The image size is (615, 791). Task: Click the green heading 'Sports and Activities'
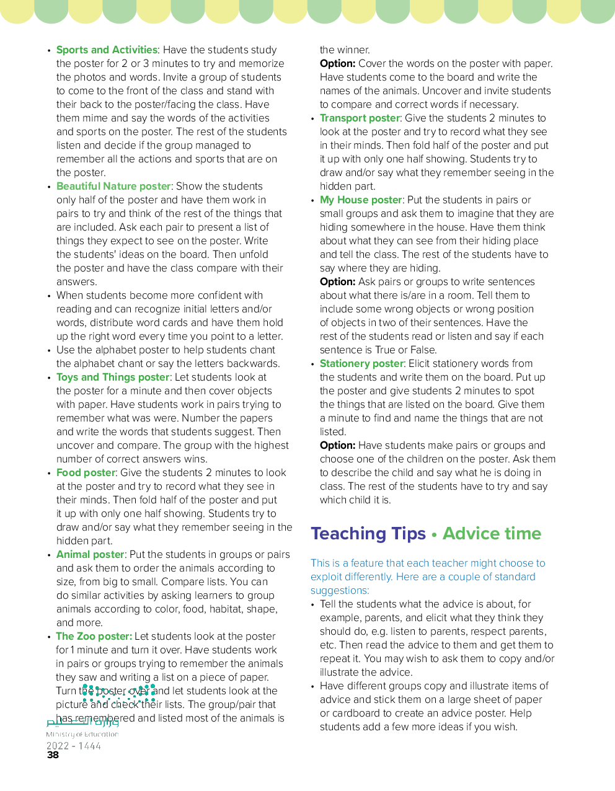pyautogui.click(x=107, y=50)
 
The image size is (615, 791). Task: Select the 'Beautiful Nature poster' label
pyautogui.click(x=113, y=187)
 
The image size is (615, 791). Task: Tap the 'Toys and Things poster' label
pyautogui.click(x=113, y=378)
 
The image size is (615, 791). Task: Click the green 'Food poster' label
pyautogui.click(x=86, y=473)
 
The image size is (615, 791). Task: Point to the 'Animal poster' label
pyautogui.click(x=91, y=555)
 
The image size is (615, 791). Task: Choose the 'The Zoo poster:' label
pyautogui.click(x=94, y=637)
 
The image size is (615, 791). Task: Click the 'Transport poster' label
pyautogui.click(x=360, y=118)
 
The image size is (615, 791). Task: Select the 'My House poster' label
pyautogui.click(x=361, y=200)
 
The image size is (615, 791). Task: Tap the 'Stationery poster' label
pyautogui.click(x=361, y=364)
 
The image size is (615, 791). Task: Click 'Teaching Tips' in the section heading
pyautogui.click(x=368, y=534)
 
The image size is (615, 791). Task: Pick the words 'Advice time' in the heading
pyautogui.click(x=492, y=534)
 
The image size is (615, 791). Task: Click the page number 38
pyautogui.click(x=53, y=755)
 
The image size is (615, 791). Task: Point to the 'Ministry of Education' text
pyautogui.click(x=82, y=735)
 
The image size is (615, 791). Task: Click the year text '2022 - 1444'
pyautogui.click(x=74, y=746)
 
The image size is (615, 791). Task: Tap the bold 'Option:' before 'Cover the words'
pyautogui.click(x=337, y=64)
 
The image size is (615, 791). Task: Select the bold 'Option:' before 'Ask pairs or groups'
pyautogui.click(x=337, y=282)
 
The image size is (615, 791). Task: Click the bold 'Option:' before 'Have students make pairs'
pyautogui.click(x=337, y=446)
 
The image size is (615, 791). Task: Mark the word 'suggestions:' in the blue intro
pyautogui.click(x=340, y=591)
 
